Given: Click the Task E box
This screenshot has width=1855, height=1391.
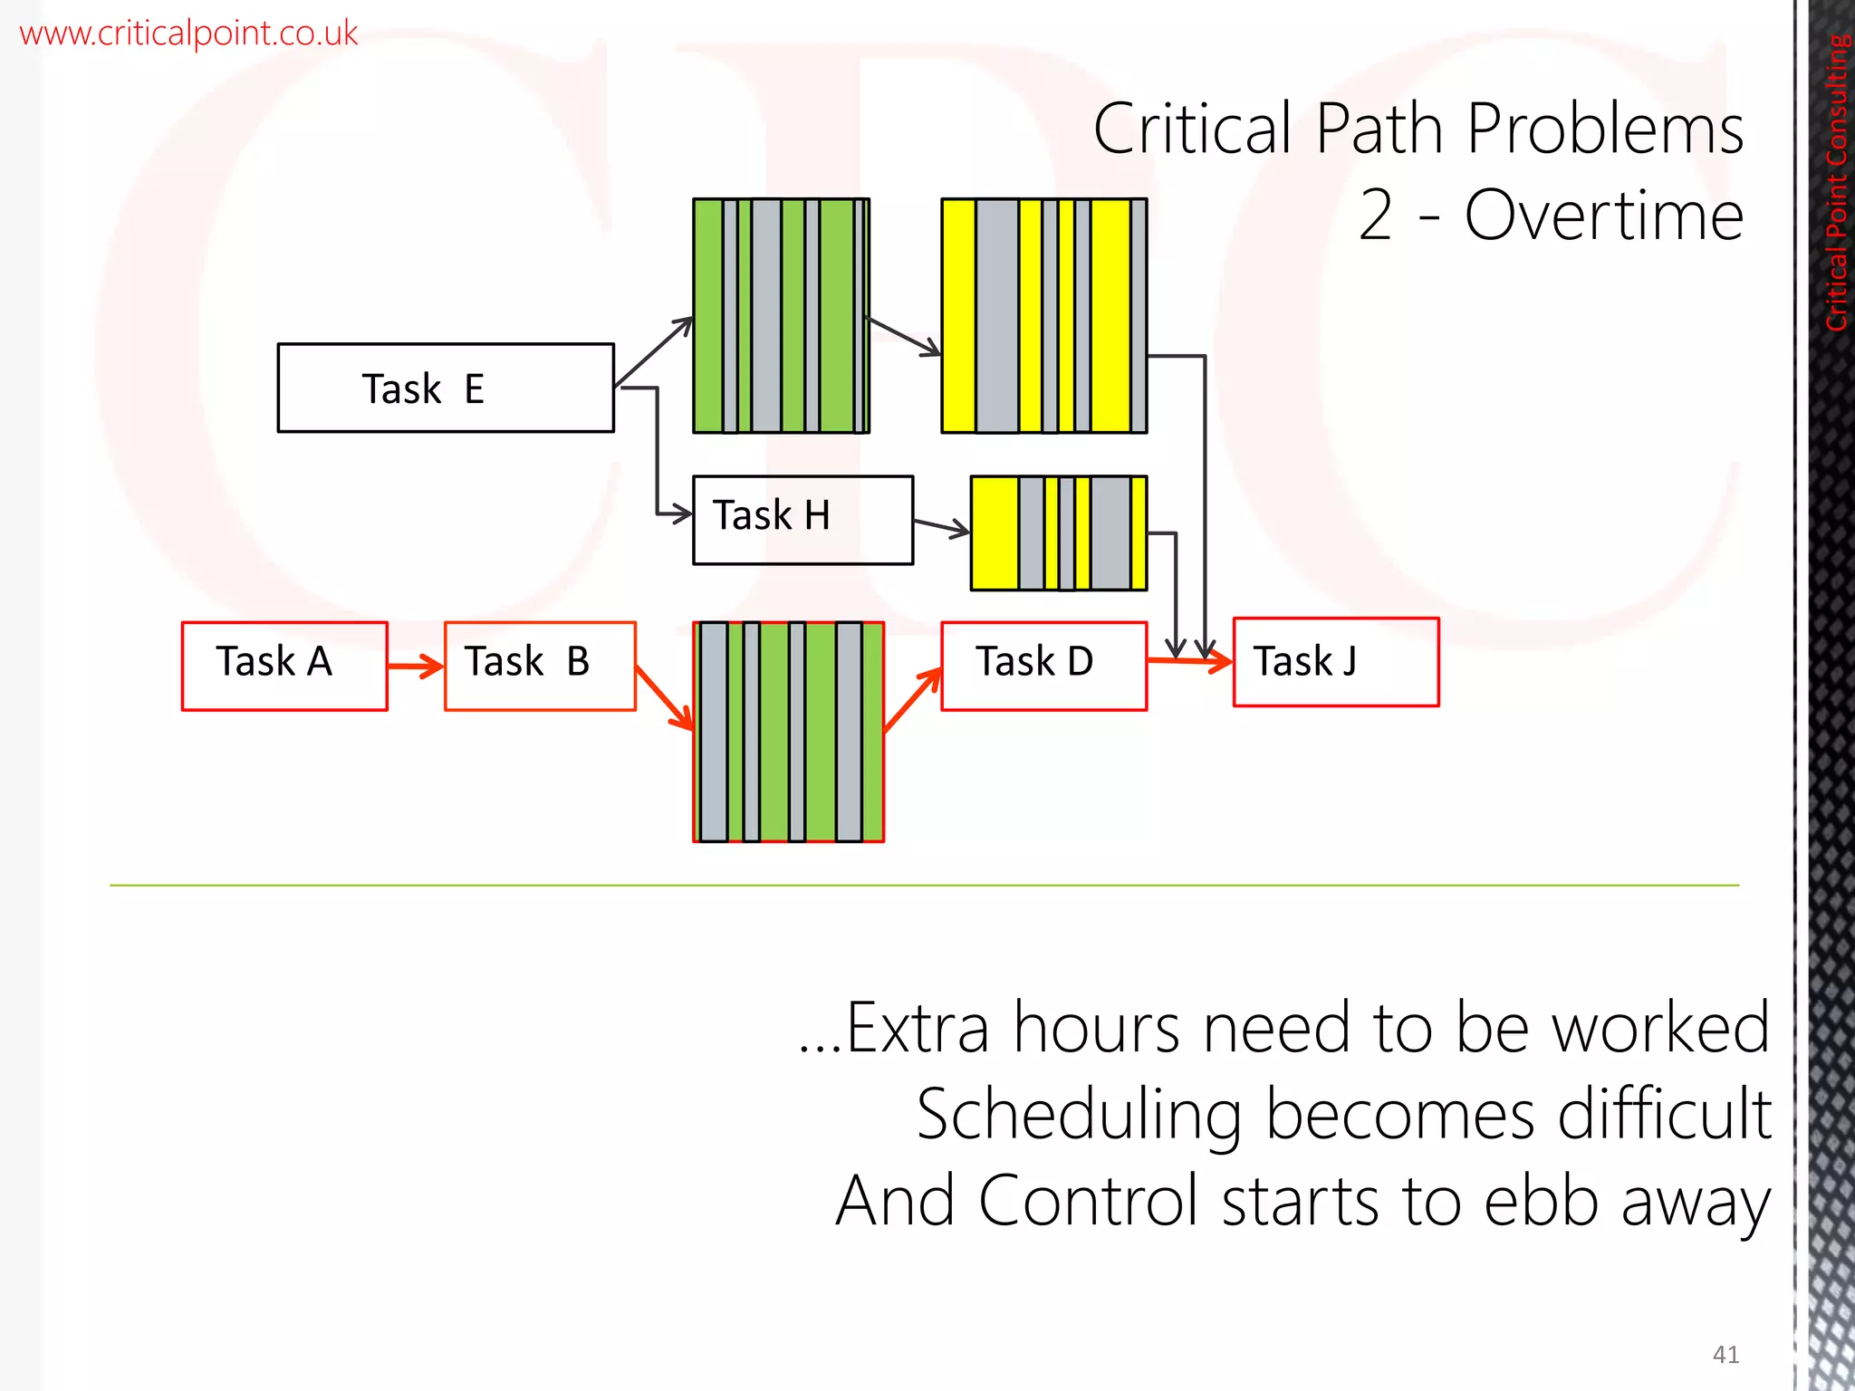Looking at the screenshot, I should point(446,388).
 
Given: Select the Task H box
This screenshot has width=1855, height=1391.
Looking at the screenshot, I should point(803,520).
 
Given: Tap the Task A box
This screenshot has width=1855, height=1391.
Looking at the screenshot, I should point(284,666).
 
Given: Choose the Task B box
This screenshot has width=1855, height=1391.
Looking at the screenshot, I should point(540,666).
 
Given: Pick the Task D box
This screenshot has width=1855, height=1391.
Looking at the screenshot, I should point(1043,666).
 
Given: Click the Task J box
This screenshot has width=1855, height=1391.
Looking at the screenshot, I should point(1335,662).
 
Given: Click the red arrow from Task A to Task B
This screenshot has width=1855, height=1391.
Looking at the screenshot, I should point(415,667).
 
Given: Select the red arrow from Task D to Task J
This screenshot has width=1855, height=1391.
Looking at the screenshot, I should point(1188,661).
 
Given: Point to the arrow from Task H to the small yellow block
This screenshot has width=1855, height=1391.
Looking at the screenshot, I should point(941,526).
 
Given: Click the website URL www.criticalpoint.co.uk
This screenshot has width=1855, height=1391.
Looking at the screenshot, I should point(188,34).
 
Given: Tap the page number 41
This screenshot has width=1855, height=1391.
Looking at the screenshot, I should point(1725,1354).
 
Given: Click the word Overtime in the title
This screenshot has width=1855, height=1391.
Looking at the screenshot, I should point(1603,216).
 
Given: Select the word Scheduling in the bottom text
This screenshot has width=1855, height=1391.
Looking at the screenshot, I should point(1078,1114).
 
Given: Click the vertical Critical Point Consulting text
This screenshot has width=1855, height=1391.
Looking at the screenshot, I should point(1837,181).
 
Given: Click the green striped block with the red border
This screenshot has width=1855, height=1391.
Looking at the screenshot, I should point(788,732).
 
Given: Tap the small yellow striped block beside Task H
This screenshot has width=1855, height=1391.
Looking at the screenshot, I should point(1058,532).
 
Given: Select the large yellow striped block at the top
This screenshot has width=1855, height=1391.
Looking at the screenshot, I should point(1043,315).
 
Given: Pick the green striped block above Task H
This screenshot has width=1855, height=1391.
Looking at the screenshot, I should point(781,315).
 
